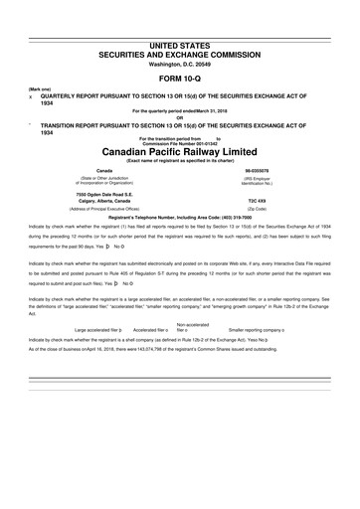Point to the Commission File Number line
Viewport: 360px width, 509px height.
180,142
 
